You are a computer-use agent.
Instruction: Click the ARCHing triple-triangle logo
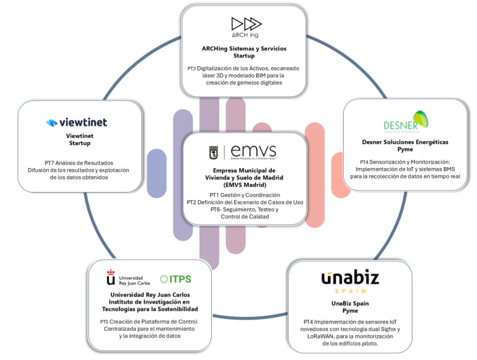point(246,24)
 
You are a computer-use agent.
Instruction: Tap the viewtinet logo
point(77,122)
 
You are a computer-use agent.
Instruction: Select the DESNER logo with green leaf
point(406,121)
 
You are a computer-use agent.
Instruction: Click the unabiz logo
point(350,278)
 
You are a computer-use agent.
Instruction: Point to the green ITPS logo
point(176,279)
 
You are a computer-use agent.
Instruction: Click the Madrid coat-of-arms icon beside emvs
point(214,152)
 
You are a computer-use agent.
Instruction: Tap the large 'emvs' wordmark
point(253,151)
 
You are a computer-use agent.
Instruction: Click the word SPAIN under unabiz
point(350,291)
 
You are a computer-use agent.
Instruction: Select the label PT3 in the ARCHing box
point(191,69)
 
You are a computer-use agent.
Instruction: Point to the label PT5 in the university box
point(106,322)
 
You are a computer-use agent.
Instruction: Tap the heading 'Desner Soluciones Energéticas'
point(405,142)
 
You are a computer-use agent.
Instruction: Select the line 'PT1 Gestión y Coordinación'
point(245,195)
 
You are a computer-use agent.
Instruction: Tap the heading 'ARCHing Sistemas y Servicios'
point(244,49)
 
